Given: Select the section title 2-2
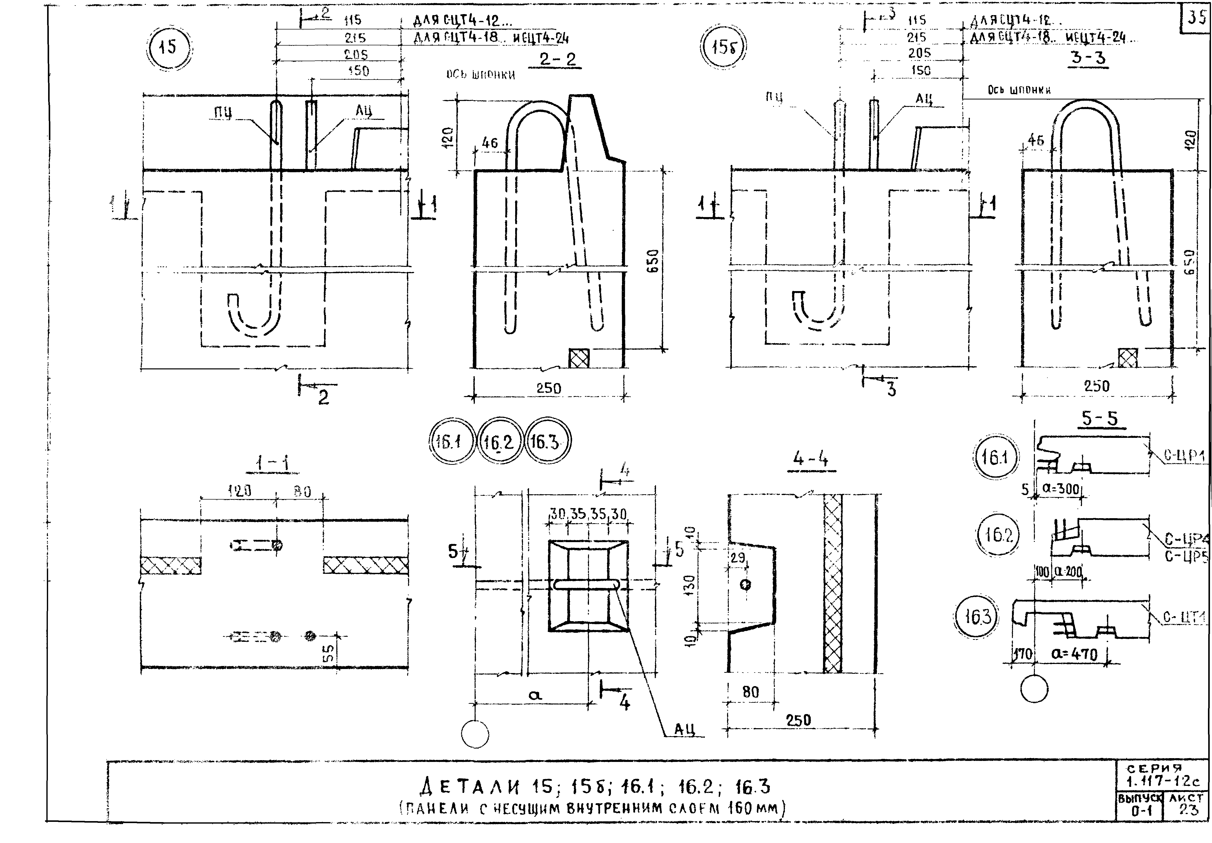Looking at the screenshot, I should pos(558,59).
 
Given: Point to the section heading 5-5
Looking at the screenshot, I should pos(1100,418).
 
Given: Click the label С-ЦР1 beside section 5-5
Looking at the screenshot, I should pos(1185,456).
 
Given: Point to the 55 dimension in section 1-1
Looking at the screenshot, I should pos(327,654).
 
